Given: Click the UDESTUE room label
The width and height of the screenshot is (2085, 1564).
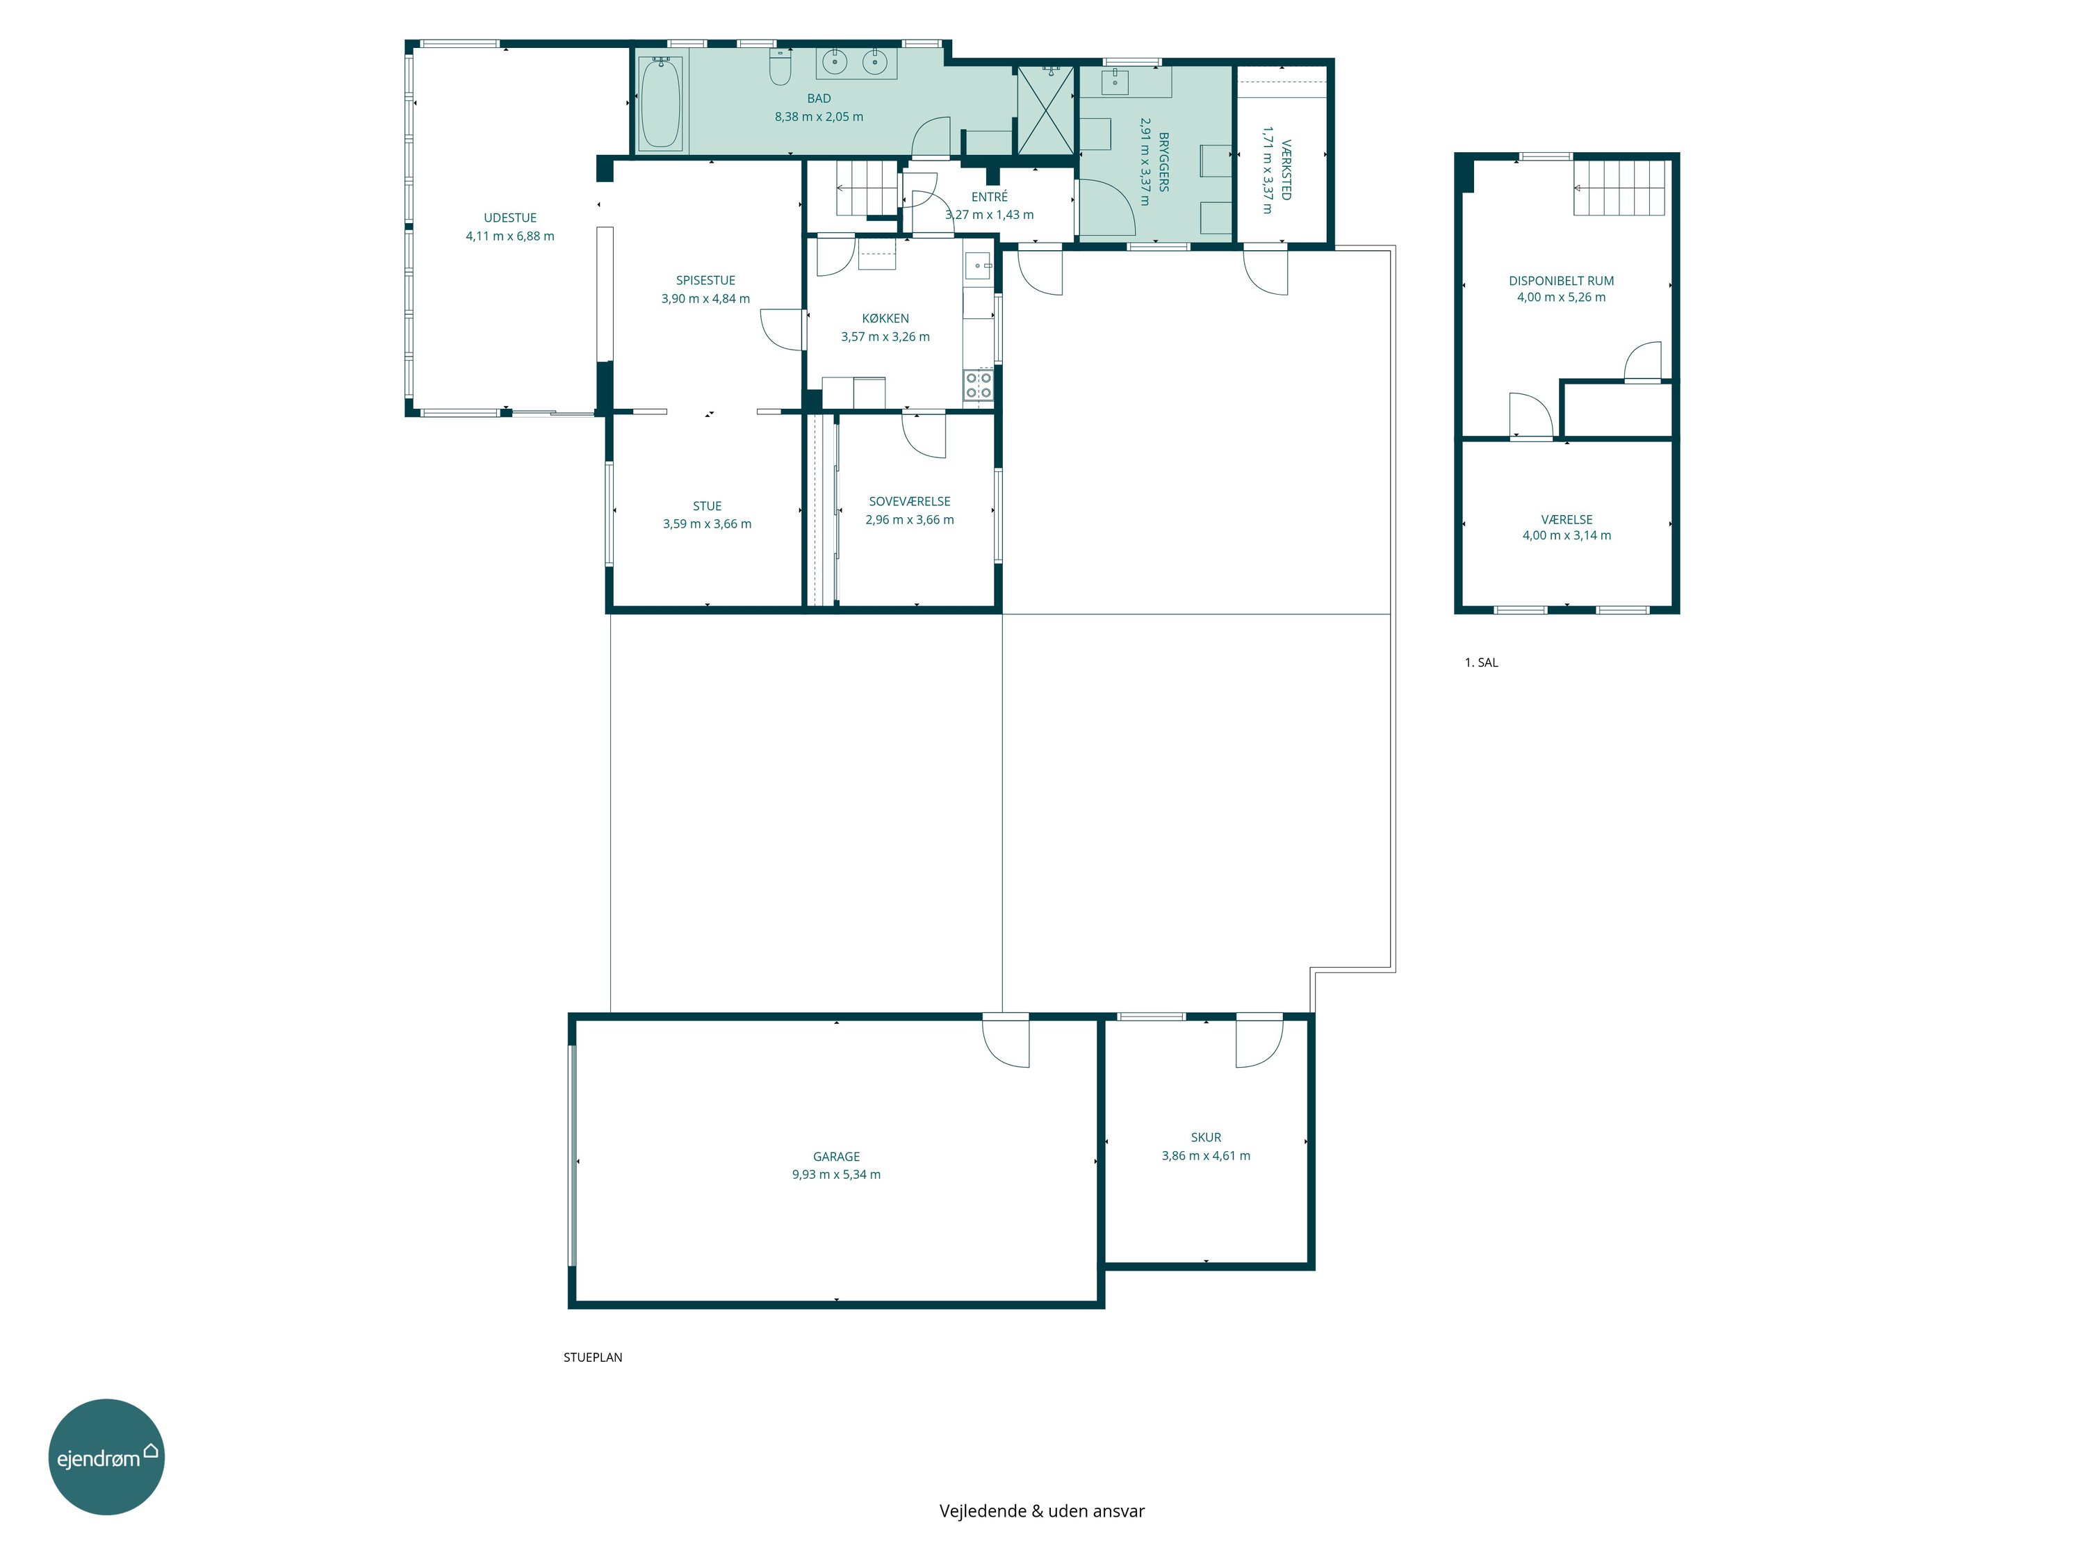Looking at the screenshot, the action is tap(510, 218).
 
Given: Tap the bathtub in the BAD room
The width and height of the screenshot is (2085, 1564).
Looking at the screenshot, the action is tap(660, 103).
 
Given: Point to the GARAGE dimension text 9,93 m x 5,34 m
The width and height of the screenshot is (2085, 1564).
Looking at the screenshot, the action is tap(836, 1175).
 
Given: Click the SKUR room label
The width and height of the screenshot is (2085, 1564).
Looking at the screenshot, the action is tap(1206, 1138).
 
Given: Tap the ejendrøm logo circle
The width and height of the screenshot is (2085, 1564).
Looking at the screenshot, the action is tap(106, 1456).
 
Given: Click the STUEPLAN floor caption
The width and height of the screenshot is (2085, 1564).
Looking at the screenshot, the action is tap(593, 1358).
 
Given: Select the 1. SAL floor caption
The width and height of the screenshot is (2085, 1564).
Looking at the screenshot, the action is tap(1481, 662).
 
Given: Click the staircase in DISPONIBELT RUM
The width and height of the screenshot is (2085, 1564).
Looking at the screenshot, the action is tap(1619, 188).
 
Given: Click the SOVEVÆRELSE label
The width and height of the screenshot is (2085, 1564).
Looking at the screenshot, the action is tap(910, 502).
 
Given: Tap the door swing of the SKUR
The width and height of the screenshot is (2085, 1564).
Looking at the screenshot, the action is tap(1259, 1043).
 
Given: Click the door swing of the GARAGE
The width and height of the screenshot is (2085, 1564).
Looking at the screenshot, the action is tap(1005, 1043).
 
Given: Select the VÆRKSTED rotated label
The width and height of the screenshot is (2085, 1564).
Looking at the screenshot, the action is tap(1286, 170).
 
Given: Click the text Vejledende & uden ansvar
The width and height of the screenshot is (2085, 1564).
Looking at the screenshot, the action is tap(1042, 1511).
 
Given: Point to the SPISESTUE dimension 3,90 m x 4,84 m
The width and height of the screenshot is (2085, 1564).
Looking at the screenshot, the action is tap(706, 299).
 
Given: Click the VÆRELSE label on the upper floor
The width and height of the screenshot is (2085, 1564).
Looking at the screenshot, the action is tap(1567, 519).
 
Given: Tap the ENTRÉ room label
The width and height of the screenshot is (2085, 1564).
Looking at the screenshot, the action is tap(990, 197).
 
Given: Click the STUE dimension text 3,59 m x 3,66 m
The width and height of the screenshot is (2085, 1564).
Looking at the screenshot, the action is tap(707, 524).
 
